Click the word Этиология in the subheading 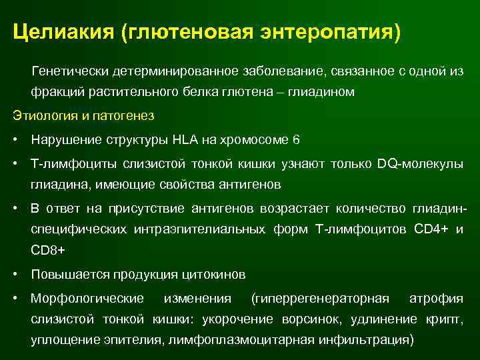(x=41, y=115)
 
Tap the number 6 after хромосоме (x=296, y=140)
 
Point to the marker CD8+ (x=49, y=251)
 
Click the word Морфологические (x=87, y=297)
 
